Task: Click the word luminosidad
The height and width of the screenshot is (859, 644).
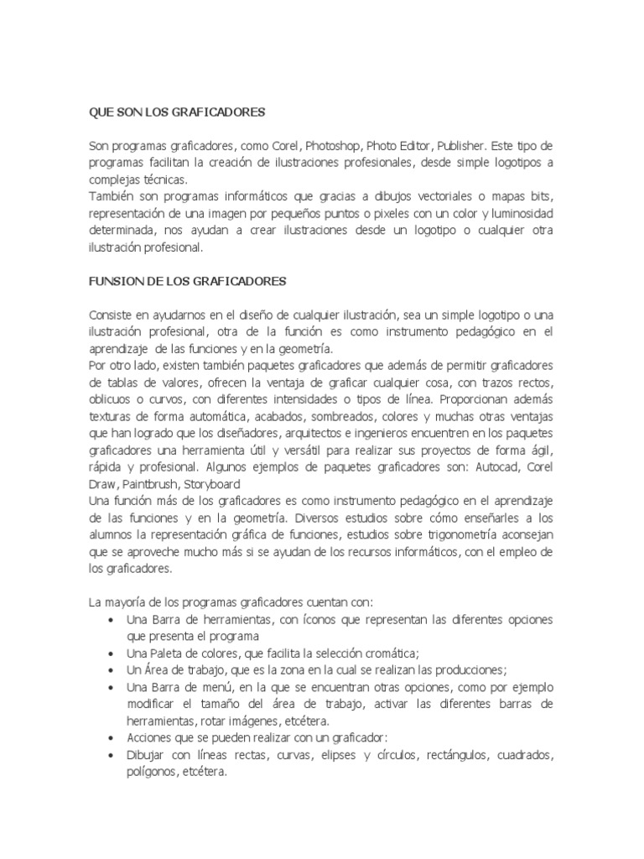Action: [517, 213]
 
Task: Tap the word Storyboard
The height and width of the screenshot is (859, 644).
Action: [213, 484]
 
